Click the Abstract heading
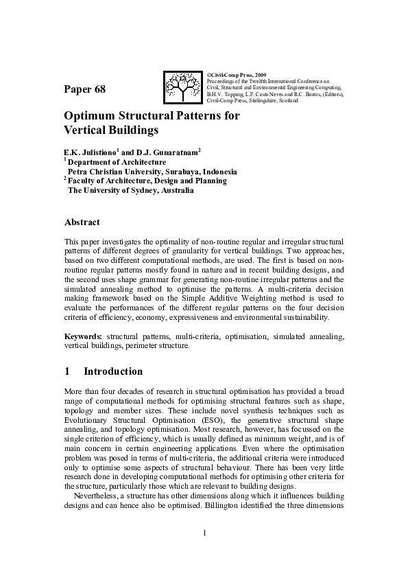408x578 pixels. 82,222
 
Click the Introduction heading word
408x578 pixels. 113,372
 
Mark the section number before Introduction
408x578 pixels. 67,372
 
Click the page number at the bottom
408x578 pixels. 204,533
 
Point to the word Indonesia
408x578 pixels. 219,172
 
